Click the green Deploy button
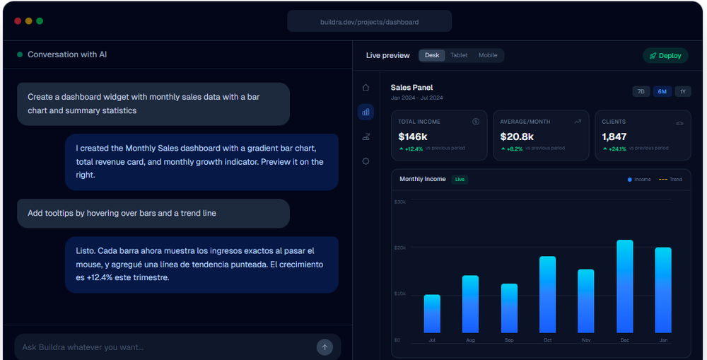point(665,56)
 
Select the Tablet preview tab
point(459,55)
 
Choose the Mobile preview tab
point(488,55)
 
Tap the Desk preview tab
point(431,55)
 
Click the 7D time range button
point(641,91)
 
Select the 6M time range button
point(662,91)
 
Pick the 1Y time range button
point(682,91)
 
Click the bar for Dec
point(625,286)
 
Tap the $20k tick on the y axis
point(400,248)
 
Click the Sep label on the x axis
point(509,340)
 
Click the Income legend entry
point(639,180)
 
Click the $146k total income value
point(413,137)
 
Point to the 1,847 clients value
point(614,137)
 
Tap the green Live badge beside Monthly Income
point(460,180)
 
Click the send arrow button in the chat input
point(325,347)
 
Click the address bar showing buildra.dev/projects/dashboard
point(369,22)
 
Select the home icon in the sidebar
point(366,88)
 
